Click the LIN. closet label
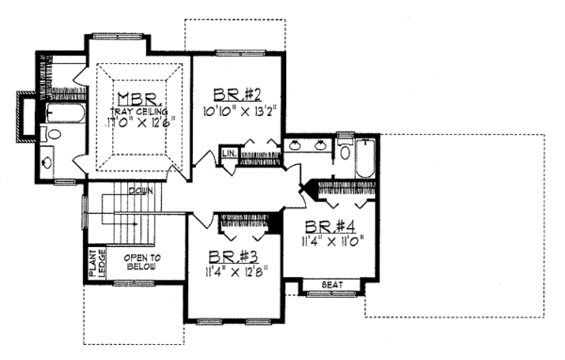(229, 153)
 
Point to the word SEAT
(331, 284)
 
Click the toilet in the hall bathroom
(345, 153)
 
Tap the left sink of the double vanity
(295, 146)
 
